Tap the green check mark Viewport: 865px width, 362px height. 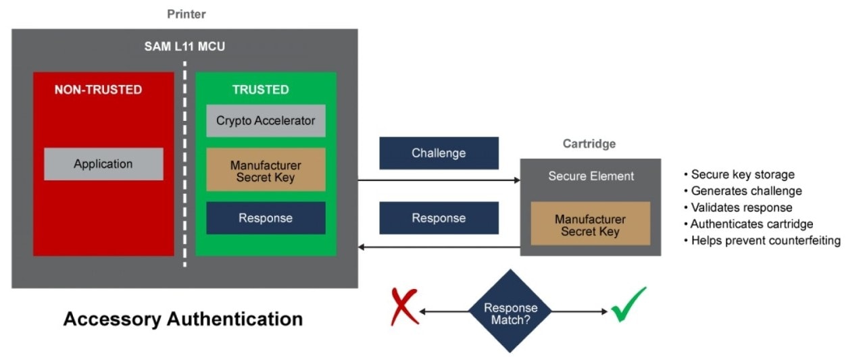(628, 305)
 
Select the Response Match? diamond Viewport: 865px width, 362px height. (510, 311)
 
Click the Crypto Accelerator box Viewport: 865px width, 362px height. (266, 121)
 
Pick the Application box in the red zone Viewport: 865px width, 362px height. (103, 164)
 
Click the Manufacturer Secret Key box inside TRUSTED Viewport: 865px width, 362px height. (266, 171)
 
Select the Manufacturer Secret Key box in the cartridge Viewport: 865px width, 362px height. (590, 225)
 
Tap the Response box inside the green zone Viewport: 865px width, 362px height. (266, 218)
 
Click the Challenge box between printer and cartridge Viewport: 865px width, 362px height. (439, 153)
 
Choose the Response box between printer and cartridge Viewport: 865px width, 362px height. (439, 218)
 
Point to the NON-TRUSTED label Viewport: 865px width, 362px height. (98, 90)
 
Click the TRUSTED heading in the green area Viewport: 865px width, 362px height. (260, 90)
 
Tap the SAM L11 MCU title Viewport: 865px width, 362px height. (184, 47)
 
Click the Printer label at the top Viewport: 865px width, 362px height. (186, 14)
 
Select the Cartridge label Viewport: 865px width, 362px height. (589, 144)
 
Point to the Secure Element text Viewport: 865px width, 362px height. (591, 176)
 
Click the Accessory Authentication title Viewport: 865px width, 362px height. (182, 319)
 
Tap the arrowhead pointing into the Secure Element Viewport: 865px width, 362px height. (516, 180)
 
